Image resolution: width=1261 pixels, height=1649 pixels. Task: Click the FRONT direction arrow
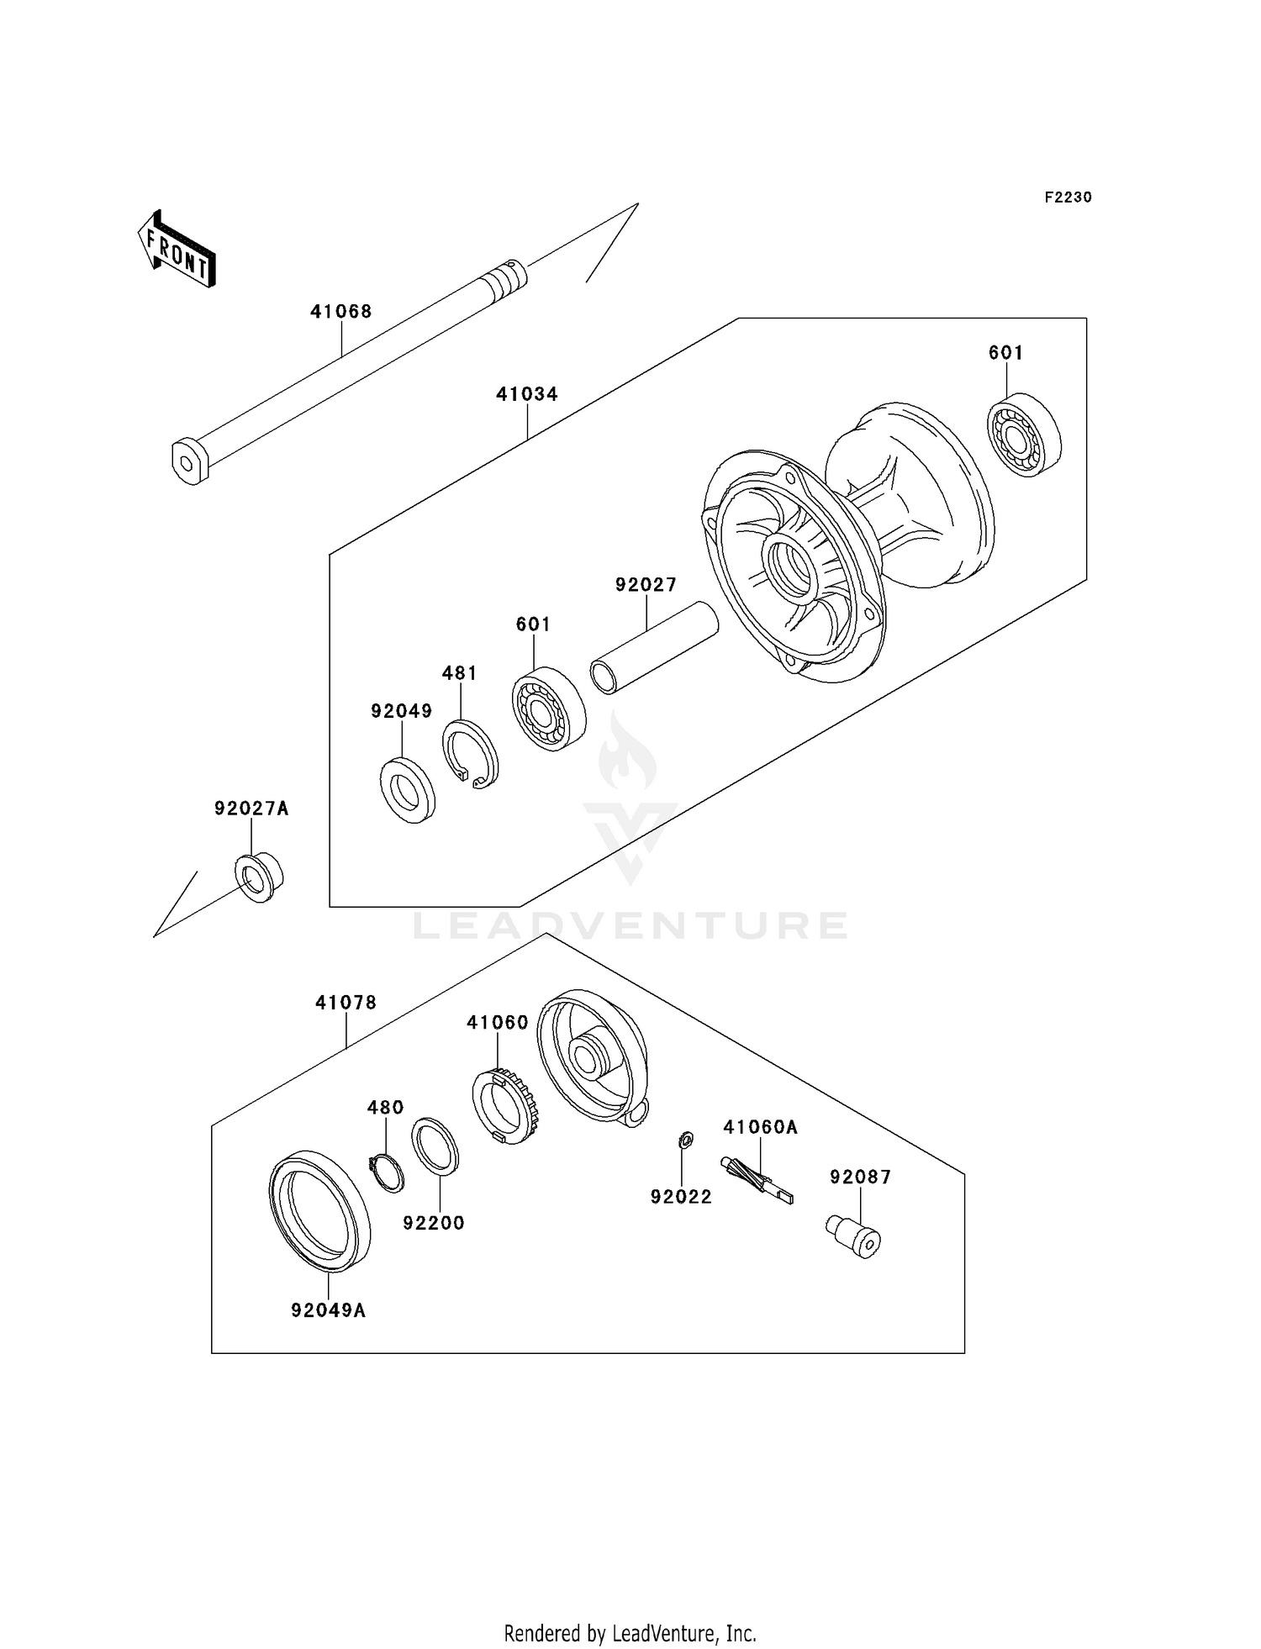(x=177, y=250)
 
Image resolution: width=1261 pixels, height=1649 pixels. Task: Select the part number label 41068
(x=341, y=312)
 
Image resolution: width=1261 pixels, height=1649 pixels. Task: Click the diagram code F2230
(x=1068, y=198)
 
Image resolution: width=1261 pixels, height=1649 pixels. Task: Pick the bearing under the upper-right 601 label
(x=1024, y=435)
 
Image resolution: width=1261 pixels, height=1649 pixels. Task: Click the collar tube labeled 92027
(x=654, y=648)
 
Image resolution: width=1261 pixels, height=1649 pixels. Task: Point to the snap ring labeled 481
(x=471, y=754)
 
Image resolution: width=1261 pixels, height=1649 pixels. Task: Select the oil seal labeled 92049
(x=408, y=790)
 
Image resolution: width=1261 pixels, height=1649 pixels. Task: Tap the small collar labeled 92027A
(x=258, y=877)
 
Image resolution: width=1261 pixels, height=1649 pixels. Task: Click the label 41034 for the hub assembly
(x=527, y=394)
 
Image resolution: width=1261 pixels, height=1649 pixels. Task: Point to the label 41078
(x=346, y=1003)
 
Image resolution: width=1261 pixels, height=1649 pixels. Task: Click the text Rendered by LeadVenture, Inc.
(x=630, y=1633)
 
